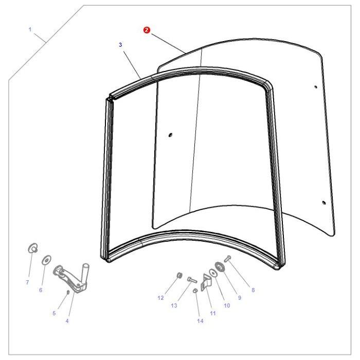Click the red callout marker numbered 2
[x=147, y=30]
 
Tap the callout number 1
[x=30, y=29]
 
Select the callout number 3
[x=120, y=45]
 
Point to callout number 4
[x=67, y=321]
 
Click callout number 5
[x=53, y=313]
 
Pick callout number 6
[x=41, y=290]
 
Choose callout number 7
[x=27, y=282]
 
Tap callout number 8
[x=253, y=290]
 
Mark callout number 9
[x=239, y=298]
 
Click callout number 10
[x=226, y=305]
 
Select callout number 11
[x=213, y=313]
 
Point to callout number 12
[x=160, y=298]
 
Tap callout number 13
[x=174, y=305]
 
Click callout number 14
[x=200, y=321]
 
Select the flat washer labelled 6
[x=46, y=259]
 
